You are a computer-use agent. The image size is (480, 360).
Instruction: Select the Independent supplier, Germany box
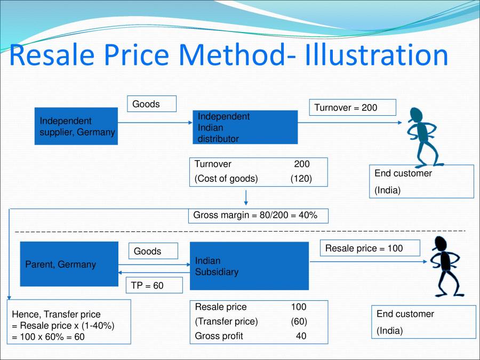click(x=76, y=126)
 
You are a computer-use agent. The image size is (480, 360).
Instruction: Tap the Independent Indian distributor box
click(x=245, y=127)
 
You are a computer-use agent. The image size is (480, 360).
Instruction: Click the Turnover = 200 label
click(x=353, y=107)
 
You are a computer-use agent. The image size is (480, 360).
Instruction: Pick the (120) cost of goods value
click(x=301, y=179)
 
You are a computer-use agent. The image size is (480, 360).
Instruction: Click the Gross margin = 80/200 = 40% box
click(x=258, y=216)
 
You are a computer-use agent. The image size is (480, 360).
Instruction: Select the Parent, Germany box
click(x=69, y=264)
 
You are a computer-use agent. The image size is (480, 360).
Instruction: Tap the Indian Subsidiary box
click(x=249, y=266)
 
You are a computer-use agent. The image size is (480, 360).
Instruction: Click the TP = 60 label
click(x=154, y=285)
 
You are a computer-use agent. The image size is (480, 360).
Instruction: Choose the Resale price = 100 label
click(x=370, y=248)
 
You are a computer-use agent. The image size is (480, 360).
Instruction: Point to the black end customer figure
click(x=446, y=266)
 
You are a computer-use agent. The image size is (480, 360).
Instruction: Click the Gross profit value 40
click(x=301, y=336)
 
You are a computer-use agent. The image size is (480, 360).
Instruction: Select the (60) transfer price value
click(x=299, y=321)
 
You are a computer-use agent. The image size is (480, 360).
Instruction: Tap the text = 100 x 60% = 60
click(x=48, y=337)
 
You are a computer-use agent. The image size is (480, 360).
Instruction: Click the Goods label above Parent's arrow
click(x=153, y=251)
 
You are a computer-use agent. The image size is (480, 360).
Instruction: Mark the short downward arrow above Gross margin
click(x=246, y=197)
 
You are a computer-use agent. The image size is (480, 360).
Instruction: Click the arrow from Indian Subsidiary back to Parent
click(x=154, y=273)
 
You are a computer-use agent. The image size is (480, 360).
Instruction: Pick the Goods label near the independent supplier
click(x=152, y=104)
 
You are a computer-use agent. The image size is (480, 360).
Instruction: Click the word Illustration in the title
click(x=377, y=55)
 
